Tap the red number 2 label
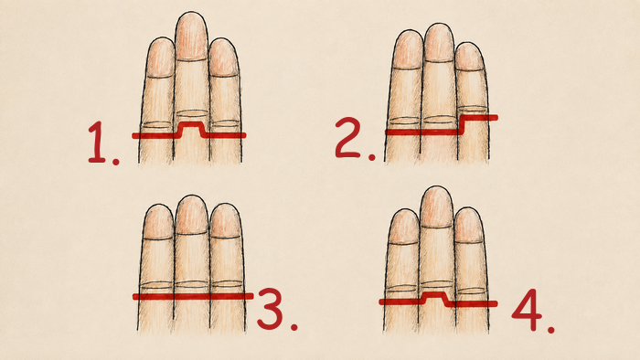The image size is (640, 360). tap(355, 138)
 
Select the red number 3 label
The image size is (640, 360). tap(277, 309)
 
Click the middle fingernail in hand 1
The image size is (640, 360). tap(191, 37)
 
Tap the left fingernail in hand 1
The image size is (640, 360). tap(160, 58)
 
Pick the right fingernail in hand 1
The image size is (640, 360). tap(223, 58)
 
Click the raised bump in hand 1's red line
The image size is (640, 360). tap(191, 123)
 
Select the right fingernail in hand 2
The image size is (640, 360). tap(469, 57)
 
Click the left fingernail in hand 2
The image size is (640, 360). tap(409, 49)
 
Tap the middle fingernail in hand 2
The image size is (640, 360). tap(439, 43)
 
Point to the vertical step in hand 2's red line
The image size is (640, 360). tap(462, 125)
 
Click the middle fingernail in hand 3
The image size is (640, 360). tap(192, 215)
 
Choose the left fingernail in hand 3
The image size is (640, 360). tap(159, 222)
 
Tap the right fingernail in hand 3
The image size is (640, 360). tap(225, 220)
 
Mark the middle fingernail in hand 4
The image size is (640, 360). tap(437, 206)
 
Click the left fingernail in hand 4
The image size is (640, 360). tap(403, 227)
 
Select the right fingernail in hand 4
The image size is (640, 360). tap(469, 225)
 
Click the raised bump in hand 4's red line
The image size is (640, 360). tap(436, 294)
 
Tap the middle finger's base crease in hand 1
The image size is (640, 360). tap(192, 113)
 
